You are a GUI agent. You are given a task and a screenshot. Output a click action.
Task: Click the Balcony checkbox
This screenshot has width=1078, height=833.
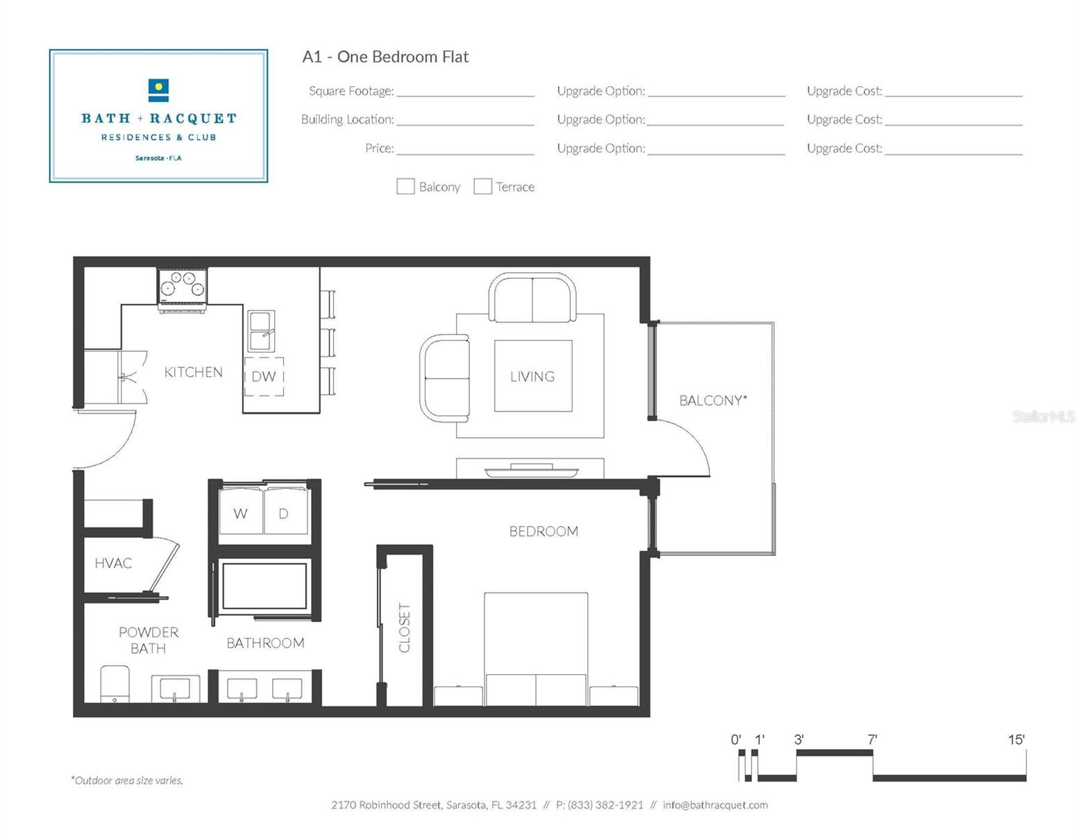click(405, 186)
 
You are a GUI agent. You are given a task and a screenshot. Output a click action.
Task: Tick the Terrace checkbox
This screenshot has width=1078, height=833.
click(482, 186)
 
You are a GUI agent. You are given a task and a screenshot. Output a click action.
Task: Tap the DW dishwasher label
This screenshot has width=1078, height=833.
click(264, 376)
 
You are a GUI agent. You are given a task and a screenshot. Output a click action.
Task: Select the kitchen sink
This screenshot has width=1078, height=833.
click(262, 331)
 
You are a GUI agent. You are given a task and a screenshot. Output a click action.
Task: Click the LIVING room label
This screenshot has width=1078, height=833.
click(532, 376)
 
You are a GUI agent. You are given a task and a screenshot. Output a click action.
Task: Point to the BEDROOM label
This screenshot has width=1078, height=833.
click(544, 531)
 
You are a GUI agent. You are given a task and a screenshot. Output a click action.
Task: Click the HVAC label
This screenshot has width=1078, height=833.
click(113, 563)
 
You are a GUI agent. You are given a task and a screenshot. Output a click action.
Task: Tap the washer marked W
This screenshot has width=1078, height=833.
click(240, 513)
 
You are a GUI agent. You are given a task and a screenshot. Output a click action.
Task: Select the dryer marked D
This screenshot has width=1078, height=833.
click(284, 513)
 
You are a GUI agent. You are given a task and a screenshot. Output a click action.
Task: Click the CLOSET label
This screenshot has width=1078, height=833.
click(405, 628)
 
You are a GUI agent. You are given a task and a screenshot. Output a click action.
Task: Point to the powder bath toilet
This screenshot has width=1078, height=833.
click(115, 684)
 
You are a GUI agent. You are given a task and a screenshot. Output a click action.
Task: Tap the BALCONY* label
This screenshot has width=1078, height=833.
click(713, 401)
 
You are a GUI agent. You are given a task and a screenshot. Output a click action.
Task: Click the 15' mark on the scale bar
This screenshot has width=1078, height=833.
click(1016, 740)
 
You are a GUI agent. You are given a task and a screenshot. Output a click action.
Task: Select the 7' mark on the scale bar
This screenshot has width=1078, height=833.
click(873, 740)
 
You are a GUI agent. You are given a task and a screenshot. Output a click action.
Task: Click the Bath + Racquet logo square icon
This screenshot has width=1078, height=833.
click(159, 90)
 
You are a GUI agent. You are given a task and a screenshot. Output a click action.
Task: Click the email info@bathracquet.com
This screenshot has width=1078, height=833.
click(715, 805)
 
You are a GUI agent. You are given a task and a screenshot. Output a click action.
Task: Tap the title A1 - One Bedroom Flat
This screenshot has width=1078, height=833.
click(385, 57)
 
